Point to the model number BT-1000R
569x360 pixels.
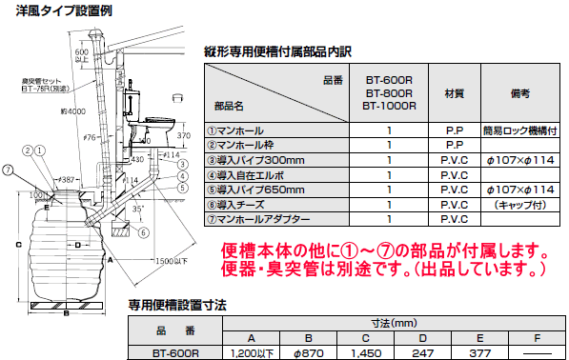[390, 108]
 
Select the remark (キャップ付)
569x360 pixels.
[521, 205]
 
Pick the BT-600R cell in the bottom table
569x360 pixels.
[174, 352]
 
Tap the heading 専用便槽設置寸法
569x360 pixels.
[177, 307]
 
